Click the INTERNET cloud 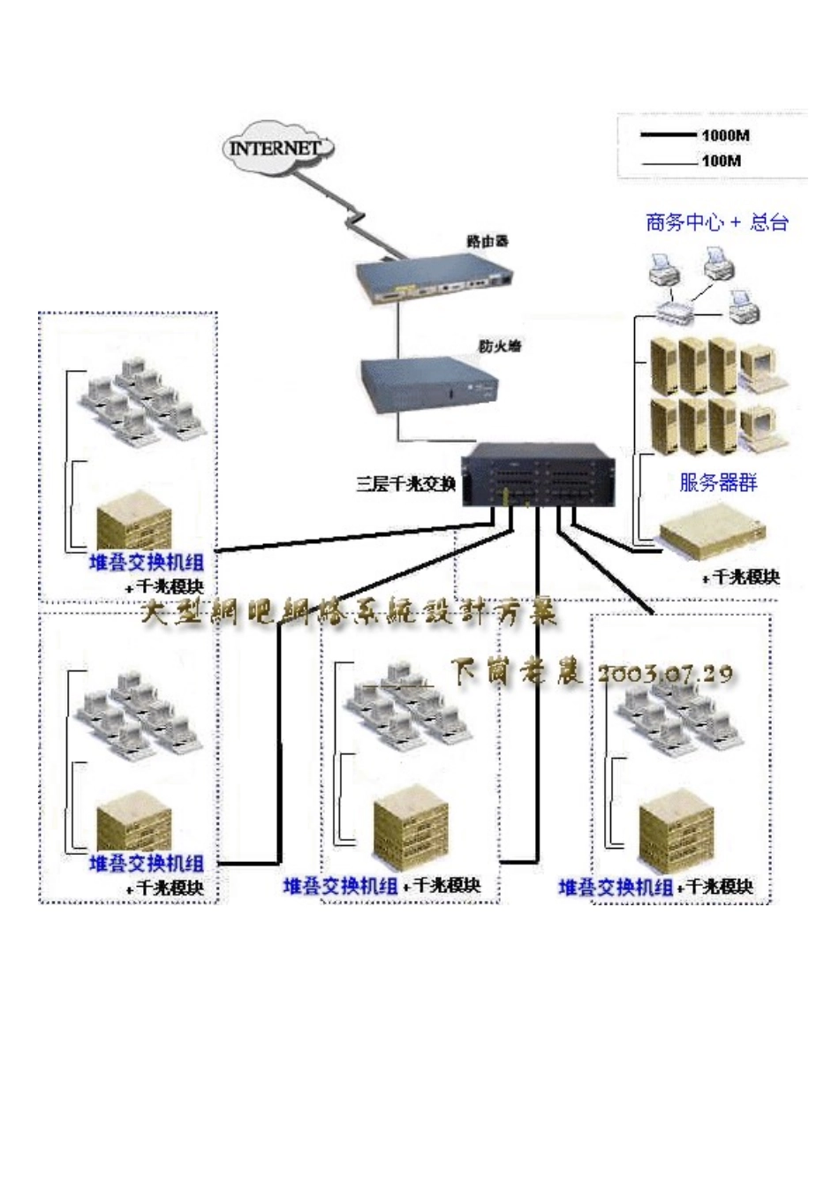276,147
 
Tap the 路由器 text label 488,241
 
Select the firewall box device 429,384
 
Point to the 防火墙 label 500,346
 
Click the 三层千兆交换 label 405,483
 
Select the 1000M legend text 726,136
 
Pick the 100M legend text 722,161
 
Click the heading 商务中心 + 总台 716,223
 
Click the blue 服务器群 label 718,482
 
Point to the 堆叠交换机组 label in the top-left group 147,562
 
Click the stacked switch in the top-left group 135,525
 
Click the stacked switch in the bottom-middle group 412,816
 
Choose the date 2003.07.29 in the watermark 665,674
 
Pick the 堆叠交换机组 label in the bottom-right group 616,887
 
